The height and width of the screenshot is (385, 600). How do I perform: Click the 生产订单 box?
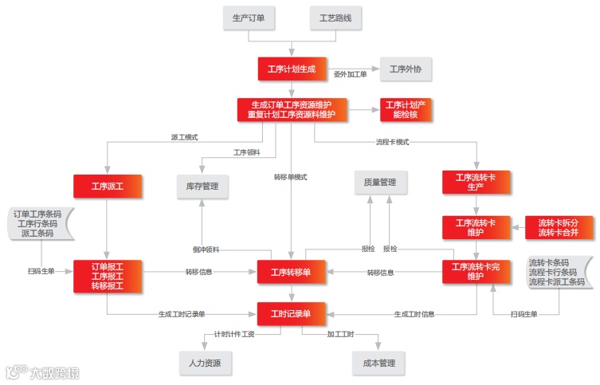[249, 18]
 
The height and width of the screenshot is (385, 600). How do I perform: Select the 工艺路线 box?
[335, 18]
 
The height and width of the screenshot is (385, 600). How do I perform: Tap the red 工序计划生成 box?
[292, 69]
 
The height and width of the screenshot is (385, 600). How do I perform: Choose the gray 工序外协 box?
[406, 69]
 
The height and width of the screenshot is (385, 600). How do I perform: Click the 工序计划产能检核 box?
[406, 109]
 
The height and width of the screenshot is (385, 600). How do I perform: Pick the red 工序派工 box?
[108, 187]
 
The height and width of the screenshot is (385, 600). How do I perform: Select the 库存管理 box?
[202, 187]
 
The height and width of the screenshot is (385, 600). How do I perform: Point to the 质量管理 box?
[380, 183]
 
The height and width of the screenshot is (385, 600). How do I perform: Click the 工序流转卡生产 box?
[476, 182]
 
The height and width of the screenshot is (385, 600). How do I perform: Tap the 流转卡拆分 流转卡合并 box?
[559, 227]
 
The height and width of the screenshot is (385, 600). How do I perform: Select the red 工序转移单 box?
[291, 272]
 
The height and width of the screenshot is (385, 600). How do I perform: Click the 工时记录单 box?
[291, 313]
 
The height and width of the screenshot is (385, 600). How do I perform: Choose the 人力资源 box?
[206, 363]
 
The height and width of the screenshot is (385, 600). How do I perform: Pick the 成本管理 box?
[379, 363]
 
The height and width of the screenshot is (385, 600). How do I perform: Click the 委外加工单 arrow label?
[350, 74]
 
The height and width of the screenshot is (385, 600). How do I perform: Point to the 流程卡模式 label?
[392, 142]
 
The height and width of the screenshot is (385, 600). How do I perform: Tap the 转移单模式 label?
[290, 177]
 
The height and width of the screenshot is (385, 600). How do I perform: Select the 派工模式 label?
[184, 137]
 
